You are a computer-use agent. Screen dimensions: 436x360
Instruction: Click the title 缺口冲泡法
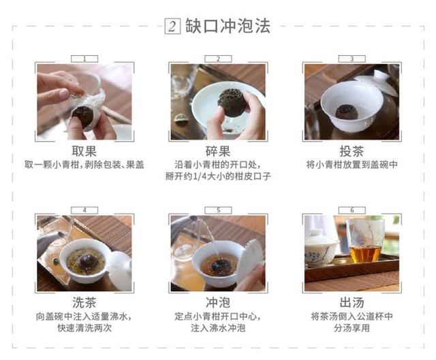pyautogui.click(x=228, y=27)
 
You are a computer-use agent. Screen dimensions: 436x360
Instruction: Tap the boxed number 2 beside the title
pyautogui.click(x=172, y=27)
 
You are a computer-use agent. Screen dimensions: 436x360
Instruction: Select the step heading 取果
pyautogui.click(x=84, y=151)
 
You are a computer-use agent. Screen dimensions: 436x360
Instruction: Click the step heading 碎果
pyautogui.click(x=218, y=151)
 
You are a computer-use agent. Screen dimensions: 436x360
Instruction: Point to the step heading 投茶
pyautogui.click(x=352, y=151)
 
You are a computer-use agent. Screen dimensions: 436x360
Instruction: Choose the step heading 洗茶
pyautogui.click(x=84, y=303)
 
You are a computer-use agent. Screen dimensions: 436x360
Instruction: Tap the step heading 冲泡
pyautogui.click(x=218, y=303)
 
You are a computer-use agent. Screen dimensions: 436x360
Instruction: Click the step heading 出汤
pyautogui.click(x=352, y=303)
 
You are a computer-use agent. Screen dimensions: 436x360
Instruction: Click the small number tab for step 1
pyautogui.click(x=84, y=59)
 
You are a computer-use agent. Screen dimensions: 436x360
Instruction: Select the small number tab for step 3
pyautogui.click(x=352, y=59)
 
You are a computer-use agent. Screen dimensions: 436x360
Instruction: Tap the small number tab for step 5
pyautogui.click(x=218, y=210)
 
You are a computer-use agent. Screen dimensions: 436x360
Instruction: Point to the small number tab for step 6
pyautogui.click(x=352, y=210)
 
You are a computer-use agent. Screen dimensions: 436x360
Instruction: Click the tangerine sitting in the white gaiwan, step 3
pyautogui.click(x=345, y=112)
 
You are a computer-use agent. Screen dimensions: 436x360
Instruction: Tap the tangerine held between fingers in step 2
pyautogui.click(x=232, y=102)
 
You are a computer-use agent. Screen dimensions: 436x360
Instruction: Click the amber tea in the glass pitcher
pyautogui.click(x=365, y=253)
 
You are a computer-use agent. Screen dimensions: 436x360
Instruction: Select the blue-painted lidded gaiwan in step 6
pyautogui.click(x=321, y=248)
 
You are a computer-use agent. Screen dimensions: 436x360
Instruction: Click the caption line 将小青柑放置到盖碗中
pyautogui.click(x=352, y=165)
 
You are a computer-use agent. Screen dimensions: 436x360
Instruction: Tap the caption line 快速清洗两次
pyautogui.click(x=84, y=328)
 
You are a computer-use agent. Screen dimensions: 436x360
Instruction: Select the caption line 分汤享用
pyautogui.click(x=352, y=328)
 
